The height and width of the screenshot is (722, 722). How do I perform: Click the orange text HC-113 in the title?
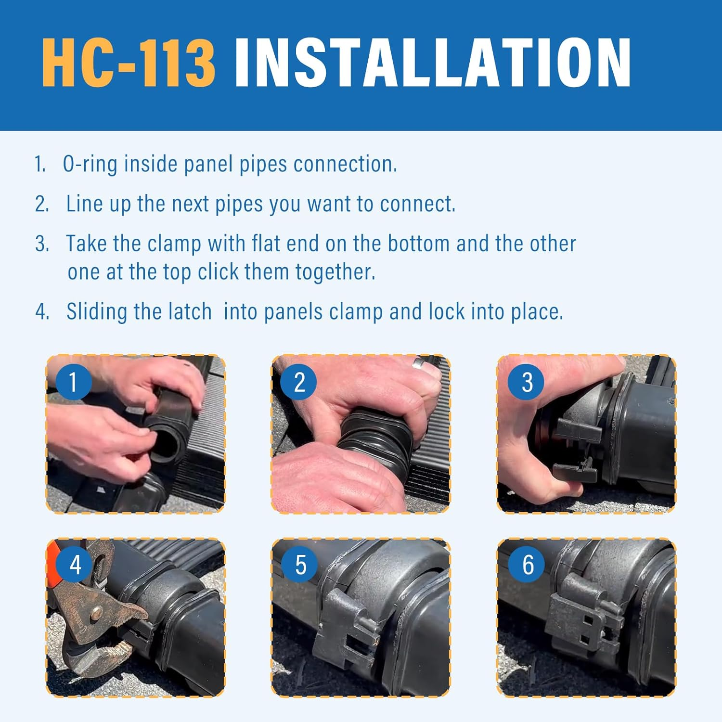coord(129,63)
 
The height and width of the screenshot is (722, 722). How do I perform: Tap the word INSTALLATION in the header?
coord(432,63)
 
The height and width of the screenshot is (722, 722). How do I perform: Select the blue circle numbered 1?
coord(73,382)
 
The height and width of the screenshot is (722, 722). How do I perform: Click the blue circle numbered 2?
coord(299,382)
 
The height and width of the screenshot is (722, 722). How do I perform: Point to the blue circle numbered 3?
coord(527,382)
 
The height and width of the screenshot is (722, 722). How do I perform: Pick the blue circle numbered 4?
coord(75,564)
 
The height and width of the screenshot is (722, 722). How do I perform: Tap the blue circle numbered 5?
coord(300,564)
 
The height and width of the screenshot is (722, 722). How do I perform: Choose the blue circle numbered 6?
coord(528,564)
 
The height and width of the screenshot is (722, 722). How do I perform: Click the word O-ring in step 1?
coord(90,164)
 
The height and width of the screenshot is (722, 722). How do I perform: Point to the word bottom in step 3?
coord(418,244)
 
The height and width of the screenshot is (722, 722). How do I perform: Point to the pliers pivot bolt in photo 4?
coord(96,613)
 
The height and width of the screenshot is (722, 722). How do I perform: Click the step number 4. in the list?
coord(42,312)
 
